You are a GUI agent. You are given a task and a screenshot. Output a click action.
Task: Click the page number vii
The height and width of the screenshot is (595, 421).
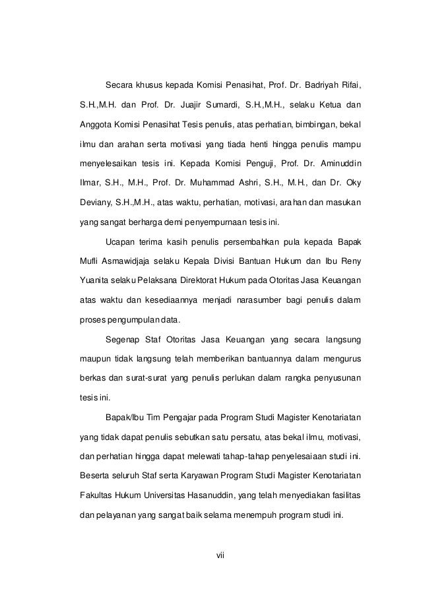(x=221, y=554)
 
